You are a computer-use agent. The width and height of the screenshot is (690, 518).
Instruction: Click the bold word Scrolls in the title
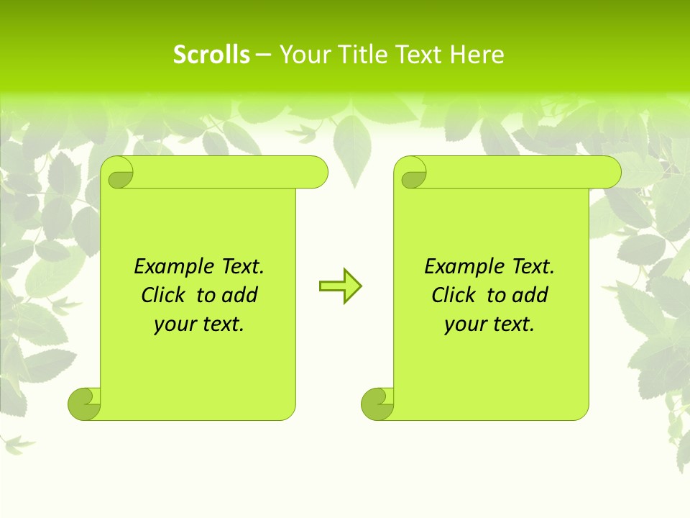click(211, 55)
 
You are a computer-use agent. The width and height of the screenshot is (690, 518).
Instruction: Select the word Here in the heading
click(477, 55)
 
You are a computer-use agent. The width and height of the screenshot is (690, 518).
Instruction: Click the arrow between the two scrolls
click(340, 286)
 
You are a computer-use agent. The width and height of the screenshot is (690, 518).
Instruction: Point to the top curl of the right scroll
click(412, 173)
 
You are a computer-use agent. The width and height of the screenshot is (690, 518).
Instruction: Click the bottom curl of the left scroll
click(84, 404)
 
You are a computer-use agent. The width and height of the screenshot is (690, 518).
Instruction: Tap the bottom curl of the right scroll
click(377, 404)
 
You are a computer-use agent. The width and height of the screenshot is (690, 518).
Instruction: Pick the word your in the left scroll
click(172, 324)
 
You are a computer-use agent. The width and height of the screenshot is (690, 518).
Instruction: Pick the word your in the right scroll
click(462, 324)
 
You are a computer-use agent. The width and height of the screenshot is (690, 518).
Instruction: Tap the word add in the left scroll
click(240, 295)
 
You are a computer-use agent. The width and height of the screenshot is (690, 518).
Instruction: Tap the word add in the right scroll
click(530, 295)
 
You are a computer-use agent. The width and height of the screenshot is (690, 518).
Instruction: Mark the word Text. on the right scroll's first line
click(533, 267)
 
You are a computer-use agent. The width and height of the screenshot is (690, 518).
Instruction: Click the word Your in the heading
click(299, 55)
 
